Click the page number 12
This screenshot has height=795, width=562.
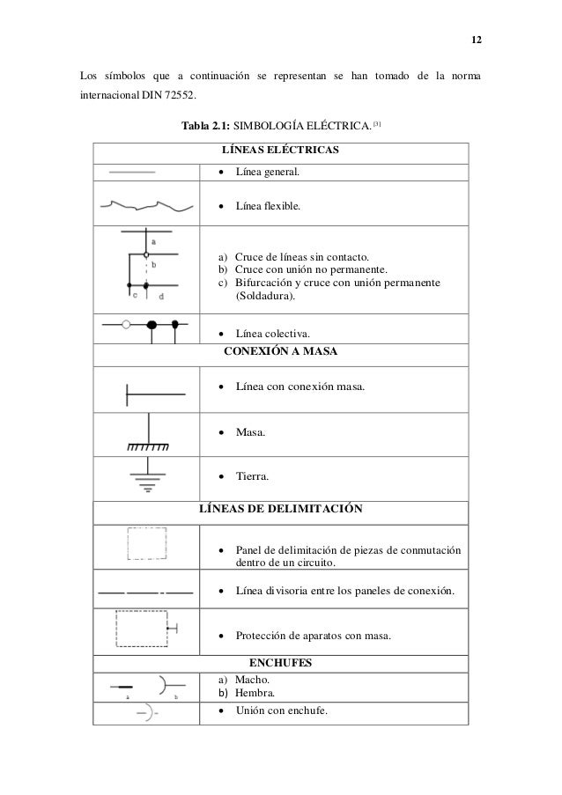pos(476,41)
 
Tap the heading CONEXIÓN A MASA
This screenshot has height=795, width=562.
pos(280,352)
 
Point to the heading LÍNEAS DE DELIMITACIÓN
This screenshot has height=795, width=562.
pos(280,509)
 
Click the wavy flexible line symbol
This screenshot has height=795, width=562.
pos(147,207)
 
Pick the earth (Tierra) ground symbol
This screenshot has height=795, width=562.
pos(147,475)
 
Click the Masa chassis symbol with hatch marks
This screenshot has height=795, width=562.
pos(147,434)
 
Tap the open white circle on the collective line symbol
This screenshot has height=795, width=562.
pos(126,325)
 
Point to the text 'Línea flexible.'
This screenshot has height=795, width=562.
pos(267,208)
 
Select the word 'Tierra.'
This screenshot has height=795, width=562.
pos(252,476)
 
